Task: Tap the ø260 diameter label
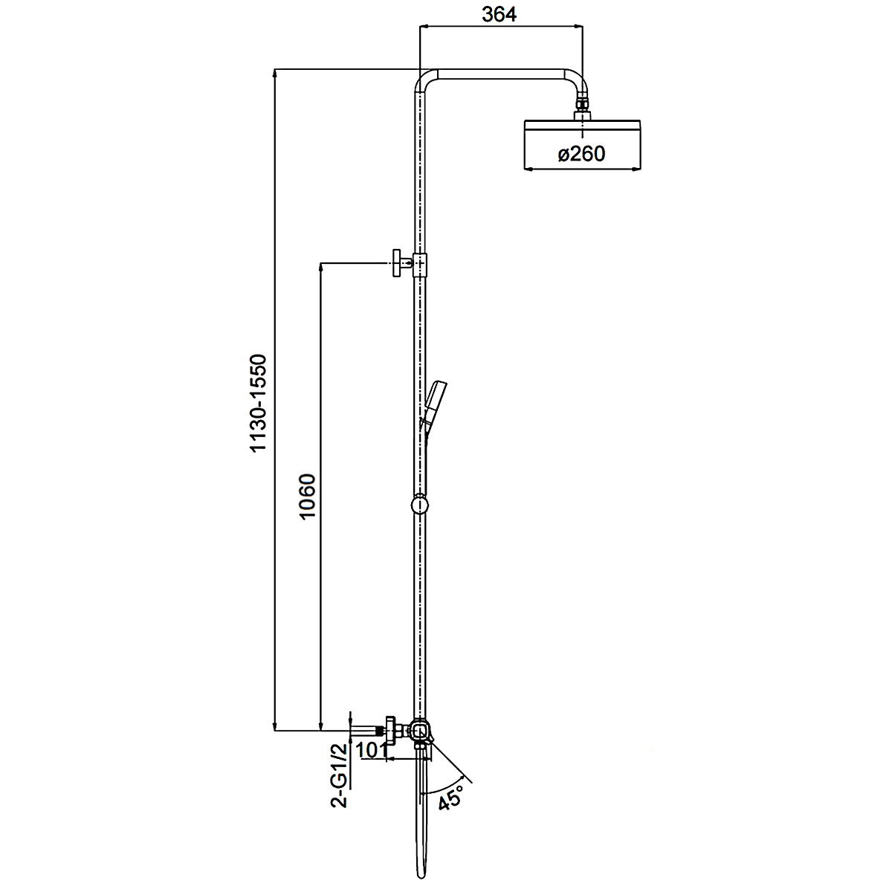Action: coord(581,154)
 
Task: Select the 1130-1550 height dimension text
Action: coord(258,403)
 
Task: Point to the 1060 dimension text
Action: coord(307,497)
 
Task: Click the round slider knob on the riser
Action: coord(419,504)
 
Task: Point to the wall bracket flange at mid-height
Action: coord(397,263)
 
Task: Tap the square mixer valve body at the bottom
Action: coord(420,732)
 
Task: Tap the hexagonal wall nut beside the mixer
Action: coord(390,731)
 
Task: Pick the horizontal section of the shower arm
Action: coord(501,74)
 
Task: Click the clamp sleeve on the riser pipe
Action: coord(420,265)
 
